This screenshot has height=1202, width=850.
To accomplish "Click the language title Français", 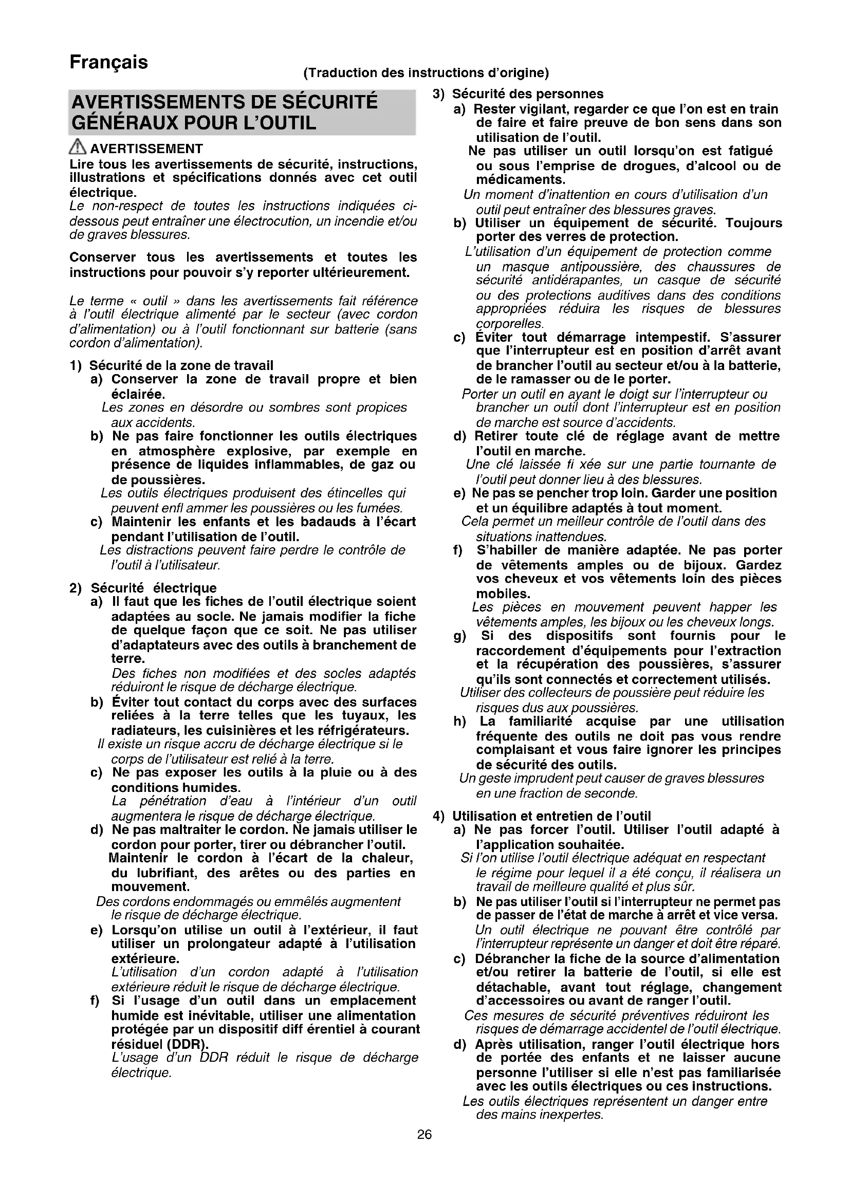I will pyautogui.click(x=109, y=62).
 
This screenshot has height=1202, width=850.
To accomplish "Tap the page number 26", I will pyautogui.click(x=424, y=1135).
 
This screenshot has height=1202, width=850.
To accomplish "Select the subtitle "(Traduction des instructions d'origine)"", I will pyautogui.click(x=426, y=73).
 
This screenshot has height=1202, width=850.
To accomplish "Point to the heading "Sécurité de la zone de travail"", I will pyautogui.click(x=181, y=365).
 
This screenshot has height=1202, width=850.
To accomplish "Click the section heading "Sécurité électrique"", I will pyautogui.click(x=153, y=588).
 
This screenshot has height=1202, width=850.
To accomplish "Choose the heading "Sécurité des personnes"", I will pyautogui.click(x=528, y=94).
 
